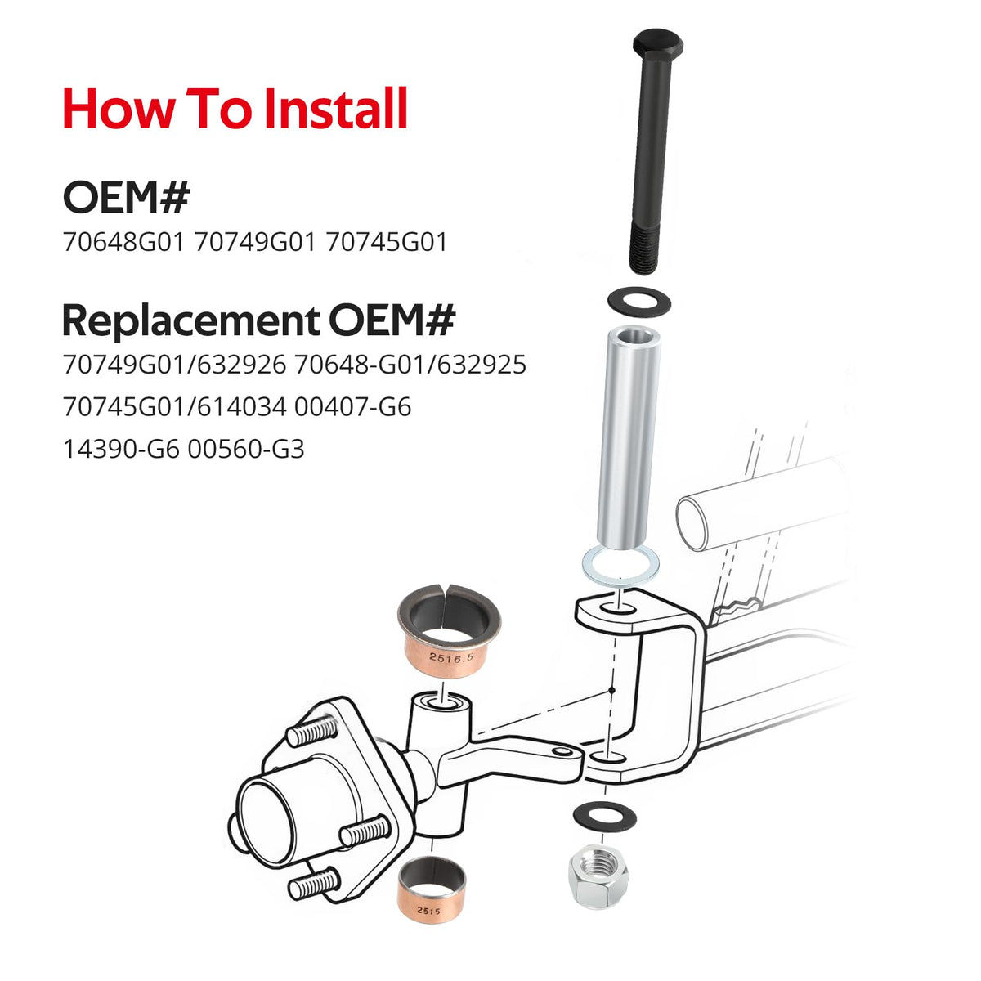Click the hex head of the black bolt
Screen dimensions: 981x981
tap(658, 46)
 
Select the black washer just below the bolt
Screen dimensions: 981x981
tap(639, 302)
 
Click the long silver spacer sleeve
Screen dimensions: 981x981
tap(627, 439)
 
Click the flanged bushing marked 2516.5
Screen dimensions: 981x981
tap(449, 631)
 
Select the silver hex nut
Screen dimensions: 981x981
tap(598, 877)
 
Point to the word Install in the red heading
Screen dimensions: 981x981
tap(336, 109)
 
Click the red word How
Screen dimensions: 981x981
tap(120, 109)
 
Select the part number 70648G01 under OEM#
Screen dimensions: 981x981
tap(123, 242)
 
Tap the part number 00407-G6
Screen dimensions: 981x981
tap(353, 407)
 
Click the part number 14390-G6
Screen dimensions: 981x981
tap(121, 449)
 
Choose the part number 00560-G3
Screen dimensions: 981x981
tap(246, 449)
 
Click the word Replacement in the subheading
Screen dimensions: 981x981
tap(191, 320)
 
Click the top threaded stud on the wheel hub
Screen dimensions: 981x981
tap(312, 730)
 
